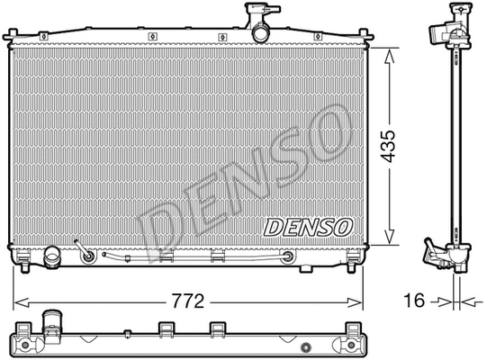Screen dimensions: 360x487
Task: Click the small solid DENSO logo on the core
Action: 308,228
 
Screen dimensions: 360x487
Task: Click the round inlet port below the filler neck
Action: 260,32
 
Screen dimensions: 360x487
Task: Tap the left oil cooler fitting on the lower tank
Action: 88,257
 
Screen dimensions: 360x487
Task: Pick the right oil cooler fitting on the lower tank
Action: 287,257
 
